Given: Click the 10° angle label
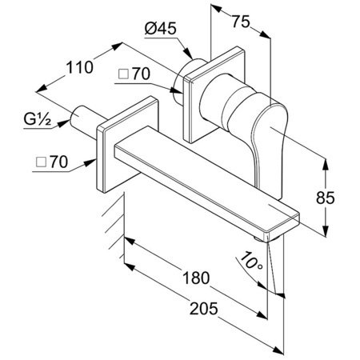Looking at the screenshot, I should click(249, 261).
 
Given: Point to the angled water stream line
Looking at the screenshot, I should click(277, 268).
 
